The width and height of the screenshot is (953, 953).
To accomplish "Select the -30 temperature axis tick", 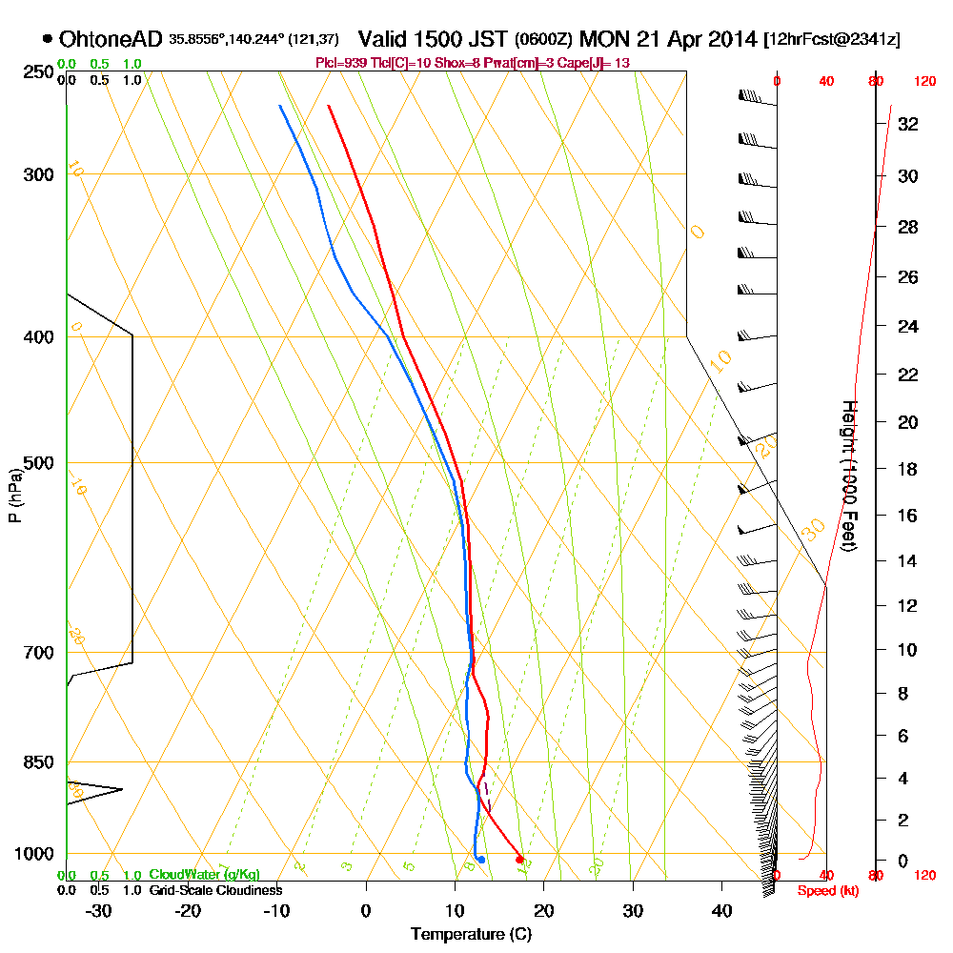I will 99,910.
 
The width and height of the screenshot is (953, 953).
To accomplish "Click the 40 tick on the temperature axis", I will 721,910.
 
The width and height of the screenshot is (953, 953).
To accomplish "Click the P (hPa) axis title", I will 14,495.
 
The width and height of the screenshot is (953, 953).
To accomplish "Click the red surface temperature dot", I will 519,860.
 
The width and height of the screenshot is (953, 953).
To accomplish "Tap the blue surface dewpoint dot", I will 481,860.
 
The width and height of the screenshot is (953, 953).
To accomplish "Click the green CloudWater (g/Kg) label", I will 204,875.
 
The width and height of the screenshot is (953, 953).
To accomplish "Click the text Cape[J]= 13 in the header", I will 598,63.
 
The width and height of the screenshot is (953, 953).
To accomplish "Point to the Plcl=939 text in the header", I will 340,63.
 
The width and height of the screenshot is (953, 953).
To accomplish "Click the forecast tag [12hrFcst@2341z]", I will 832,39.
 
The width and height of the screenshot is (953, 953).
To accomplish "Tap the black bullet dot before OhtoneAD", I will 48,39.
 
